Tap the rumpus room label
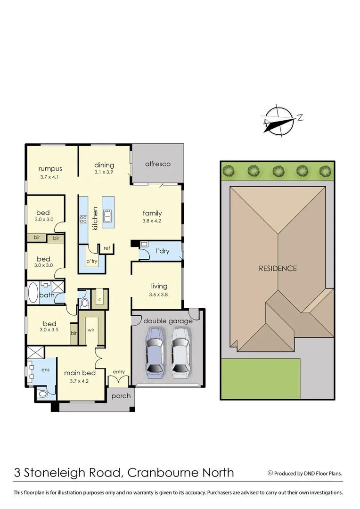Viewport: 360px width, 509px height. click(x=50, y=169)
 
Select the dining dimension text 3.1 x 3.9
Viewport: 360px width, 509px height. click(x=104, y=173)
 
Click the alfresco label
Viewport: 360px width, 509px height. click(x=157, y=164)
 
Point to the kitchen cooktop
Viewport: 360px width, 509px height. click(x=83, y=219)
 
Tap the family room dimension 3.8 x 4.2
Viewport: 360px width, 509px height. click(x=152, y=221)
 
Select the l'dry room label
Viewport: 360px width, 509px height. click(x=163, y=251)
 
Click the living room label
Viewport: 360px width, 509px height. click(x=159, y=286)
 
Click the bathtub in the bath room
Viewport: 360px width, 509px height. click(x=33, y=293)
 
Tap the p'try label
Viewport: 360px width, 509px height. click(x=91, y=261)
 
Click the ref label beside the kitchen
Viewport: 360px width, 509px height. click(x=106, y=248)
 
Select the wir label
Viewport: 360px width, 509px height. click(x=91, y=330)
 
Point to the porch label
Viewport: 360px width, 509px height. click(x=121, y=396)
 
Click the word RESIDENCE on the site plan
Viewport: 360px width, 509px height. click(x=278, y=268)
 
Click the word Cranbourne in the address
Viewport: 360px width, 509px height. click(x=160, y=472)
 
